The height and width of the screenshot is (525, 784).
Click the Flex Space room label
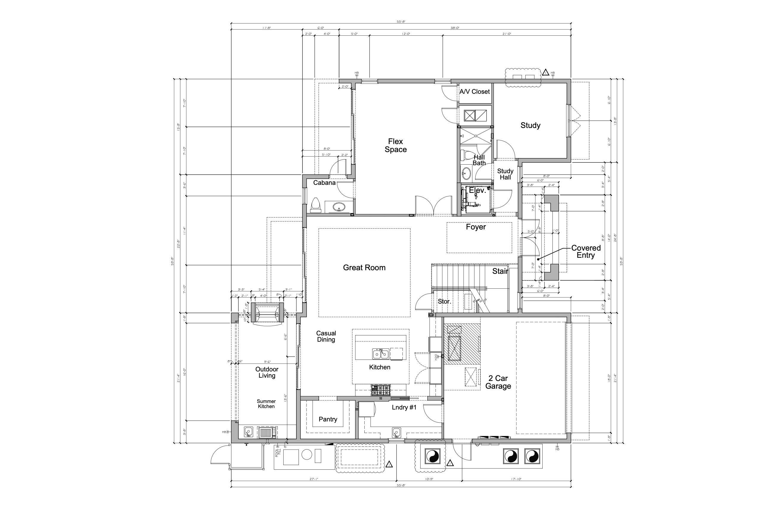point(395,145)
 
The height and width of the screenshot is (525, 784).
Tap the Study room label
point(530,125)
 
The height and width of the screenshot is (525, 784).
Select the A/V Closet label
point(474,91)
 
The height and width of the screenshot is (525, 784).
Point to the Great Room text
point(364,268)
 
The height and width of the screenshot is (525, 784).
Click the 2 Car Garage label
point(498,382)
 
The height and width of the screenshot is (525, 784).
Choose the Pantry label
point(328,419)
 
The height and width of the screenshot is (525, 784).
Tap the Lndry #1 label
point(404,407)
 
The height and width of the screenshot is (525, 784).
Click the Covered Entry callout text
point(586,251)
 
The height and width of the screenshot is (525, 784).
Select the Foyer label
point(476,227)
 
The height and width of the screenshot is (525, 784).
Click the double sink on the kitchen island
point(381,354)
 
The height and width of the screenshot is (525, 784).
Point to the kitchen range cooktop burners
point(381,390)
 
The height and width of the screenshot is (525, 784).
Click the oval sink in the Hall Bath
point(466,174)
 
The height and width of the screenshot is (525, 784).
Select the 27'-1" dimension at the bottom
point(314,479)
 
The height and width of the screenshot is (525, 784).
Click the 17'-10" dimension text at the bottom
point(516,479)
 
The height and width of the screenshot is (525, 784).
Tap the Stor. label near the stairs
point(444,301)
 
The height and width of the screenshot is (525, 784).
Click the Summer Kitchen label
point(266,404)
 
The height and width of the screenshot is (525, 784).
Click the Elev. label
point(477,190)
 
